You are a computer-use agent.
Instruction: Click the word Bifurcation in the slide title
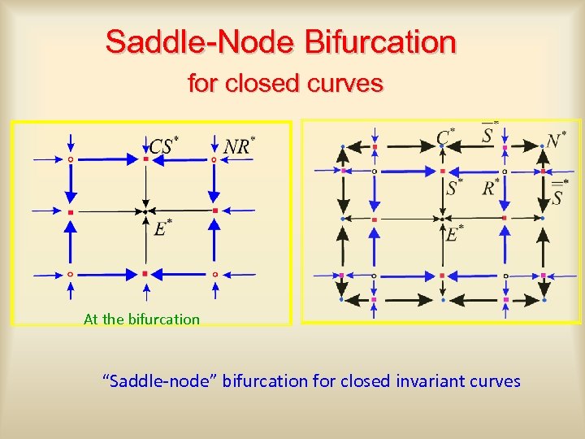click(x=380, y=41)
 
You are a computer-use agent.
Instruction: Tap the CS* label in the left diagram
click(x=163, y=146)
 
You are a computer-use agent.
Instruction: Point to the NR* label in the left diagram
click(x=238, y=146)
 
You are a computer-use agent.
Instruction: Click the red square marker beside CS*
click(x=145, y=159)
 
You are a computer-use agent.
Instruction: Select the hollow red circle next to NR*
click(x=214, y=159)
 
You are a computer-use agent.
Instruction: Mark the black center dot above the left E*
click(x=145, y=211)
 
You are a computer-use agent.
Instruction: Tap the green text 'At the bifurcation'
click(x=141, y=319)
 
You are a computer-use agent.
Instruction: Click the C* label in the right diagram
click(x=445, y=136)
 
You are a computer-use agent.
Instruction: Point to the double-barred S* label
click(x=558, y=193)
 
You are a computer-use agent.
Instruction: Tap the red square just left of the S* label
click(x=442, y=172)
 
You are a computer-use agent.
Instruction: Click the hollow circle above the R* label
click(x=505, y=172)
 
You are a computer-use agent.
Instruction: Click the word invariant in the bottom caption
click(x=417, y=380)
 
